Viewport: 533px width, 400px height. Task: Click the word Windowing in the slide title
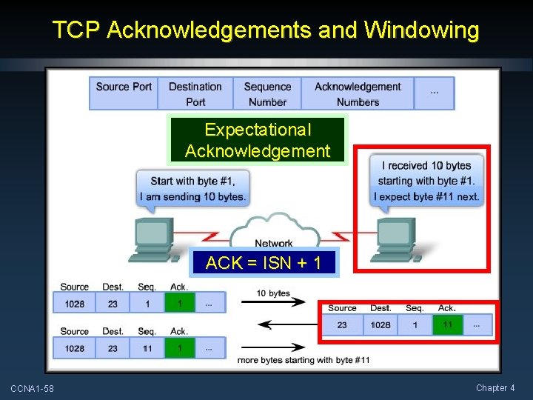(x=422, y=30)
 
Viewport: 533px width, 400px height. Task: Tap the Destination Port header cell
(x=195, y=93)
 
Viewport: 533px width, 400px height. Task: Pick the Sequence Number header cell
(x=267, y=93)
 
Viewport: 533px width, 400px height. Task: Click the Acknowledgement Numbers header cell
(x=358, y=93)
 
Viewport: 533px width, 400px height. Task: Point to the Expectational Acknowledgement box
(x=258, y=140)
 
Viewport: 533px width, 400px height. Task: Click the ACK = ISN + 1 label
(x=264, y=263)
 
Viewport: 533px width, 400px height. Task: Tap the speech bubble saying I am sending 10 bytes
(x=192, y=188)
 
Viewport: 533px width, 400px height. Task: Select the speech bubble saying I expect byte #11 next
(x=427, y=180)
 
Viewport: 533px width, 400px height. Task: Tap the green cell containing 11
(x=447, y=324)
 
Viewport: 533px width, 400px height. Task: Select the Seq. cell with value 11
(x=147, y=347)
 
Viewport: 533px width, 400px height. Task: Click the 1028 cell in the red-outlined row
(x=381, y=324)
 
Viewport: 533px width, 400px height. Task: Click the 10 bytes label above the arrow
(x=273, y=293)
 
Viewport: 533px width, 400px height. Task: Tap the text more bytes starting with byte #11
(x=304, y=360)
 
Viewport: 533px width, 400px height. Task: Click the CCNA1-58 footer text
(x=32, y=388)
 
